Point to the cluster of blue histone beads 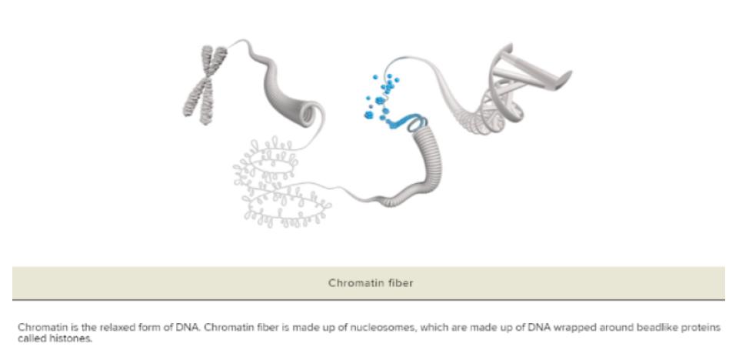pyautogui.click(x=381, y=96)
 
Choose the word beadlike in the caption pyautogui.click(x=640, y=328)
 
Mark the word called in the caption pyautogui.click(x=31, y=338)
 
